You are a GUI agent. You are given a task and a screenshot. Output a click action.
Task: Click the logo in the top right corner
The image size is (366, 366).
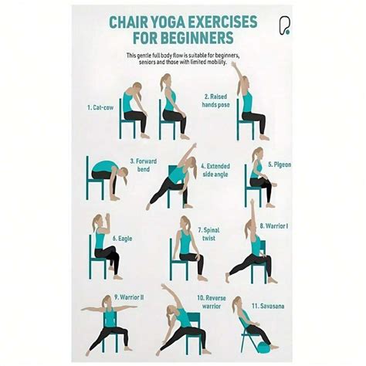coord(284,25)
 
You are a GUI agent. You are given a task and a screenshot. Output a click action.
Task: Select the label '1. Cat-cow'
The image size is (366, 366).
coord(100,107)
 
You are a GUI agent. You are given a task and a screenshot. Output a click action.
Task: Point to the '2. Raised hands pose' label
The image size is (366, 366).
coord(215,100)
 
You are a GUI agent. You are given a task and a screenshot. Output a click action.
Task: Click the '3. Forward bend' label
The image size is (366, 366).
coord(144,165)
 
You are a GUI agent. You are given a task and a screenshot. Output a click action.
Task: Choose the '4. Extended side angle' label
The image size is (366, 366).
coord(215,170)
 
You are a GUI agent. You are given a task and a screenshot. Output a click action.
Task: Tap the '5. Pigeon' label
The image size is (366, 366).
coord(280,164)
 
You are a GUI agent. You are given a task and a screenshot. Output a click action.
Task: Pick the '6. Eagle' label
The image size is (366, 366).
coord(122,239)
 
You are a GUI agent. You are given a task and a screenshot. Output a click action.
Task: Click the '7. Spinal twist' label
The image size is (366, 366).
coord(208,234)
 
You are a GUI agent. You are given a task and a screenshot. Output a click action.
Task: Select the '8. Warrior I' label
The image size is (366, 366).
coord(274,226)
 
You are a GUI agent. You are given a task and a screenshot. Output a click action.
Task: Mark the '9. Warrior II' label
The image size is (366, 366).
coord(129,297)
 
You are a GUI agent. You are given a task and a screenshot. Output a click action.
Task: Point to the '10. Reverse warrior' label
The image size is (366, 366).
coord(212,302)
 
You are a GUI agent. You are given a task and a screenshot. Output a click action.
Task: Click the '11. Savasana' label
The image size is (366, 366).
coord(268,306)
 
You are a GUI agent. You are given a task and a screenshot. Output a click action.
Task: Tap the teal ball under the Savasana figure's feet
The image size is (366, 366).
coord(263,347)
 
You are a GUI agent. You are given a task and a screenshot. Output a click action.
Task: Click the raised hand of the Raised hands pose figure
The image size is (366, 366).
coord(233,64)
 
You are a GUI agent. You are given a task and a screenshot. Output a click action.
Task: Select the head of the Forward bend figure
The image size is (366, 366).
coord(124,173)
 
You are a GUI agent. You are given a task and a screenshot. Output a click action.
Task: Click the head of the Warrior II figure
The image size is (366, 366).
coord(107,301)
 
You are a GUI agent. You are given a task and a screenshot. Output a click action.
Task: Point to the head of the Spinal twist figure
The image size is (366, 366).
coord(185,222)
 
